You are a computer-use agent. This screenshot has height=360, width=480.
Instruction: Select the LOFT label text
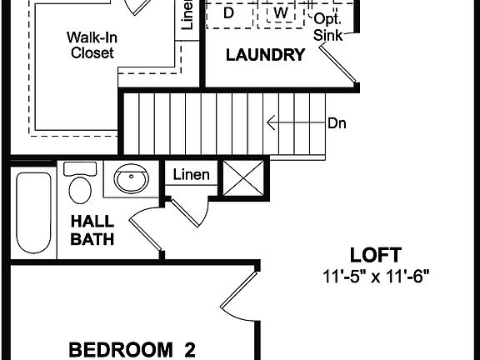point(375,255)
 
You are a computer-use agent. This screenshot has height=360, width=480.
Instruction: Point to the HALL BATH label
point(92,230)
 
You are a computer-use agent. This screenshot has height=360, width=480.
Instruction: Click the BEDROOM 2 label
point(132,348)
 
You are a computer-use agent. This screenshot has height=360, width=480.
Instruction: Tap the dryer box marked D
point(228,14)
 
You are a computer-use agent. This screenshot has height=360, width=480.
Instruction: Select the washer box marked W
point(281,14)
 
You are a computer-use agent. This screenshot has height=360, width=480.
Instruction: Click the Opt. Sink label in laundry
point(327,26)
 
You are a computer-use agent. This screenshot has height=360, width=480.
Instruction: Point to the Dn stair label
point(337,124)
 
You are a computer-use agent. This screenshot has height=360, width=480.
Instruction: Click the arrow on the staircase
point(292,124)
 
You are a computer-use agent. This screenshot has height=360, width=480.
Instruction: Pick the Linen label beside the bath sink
point(191,176)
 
